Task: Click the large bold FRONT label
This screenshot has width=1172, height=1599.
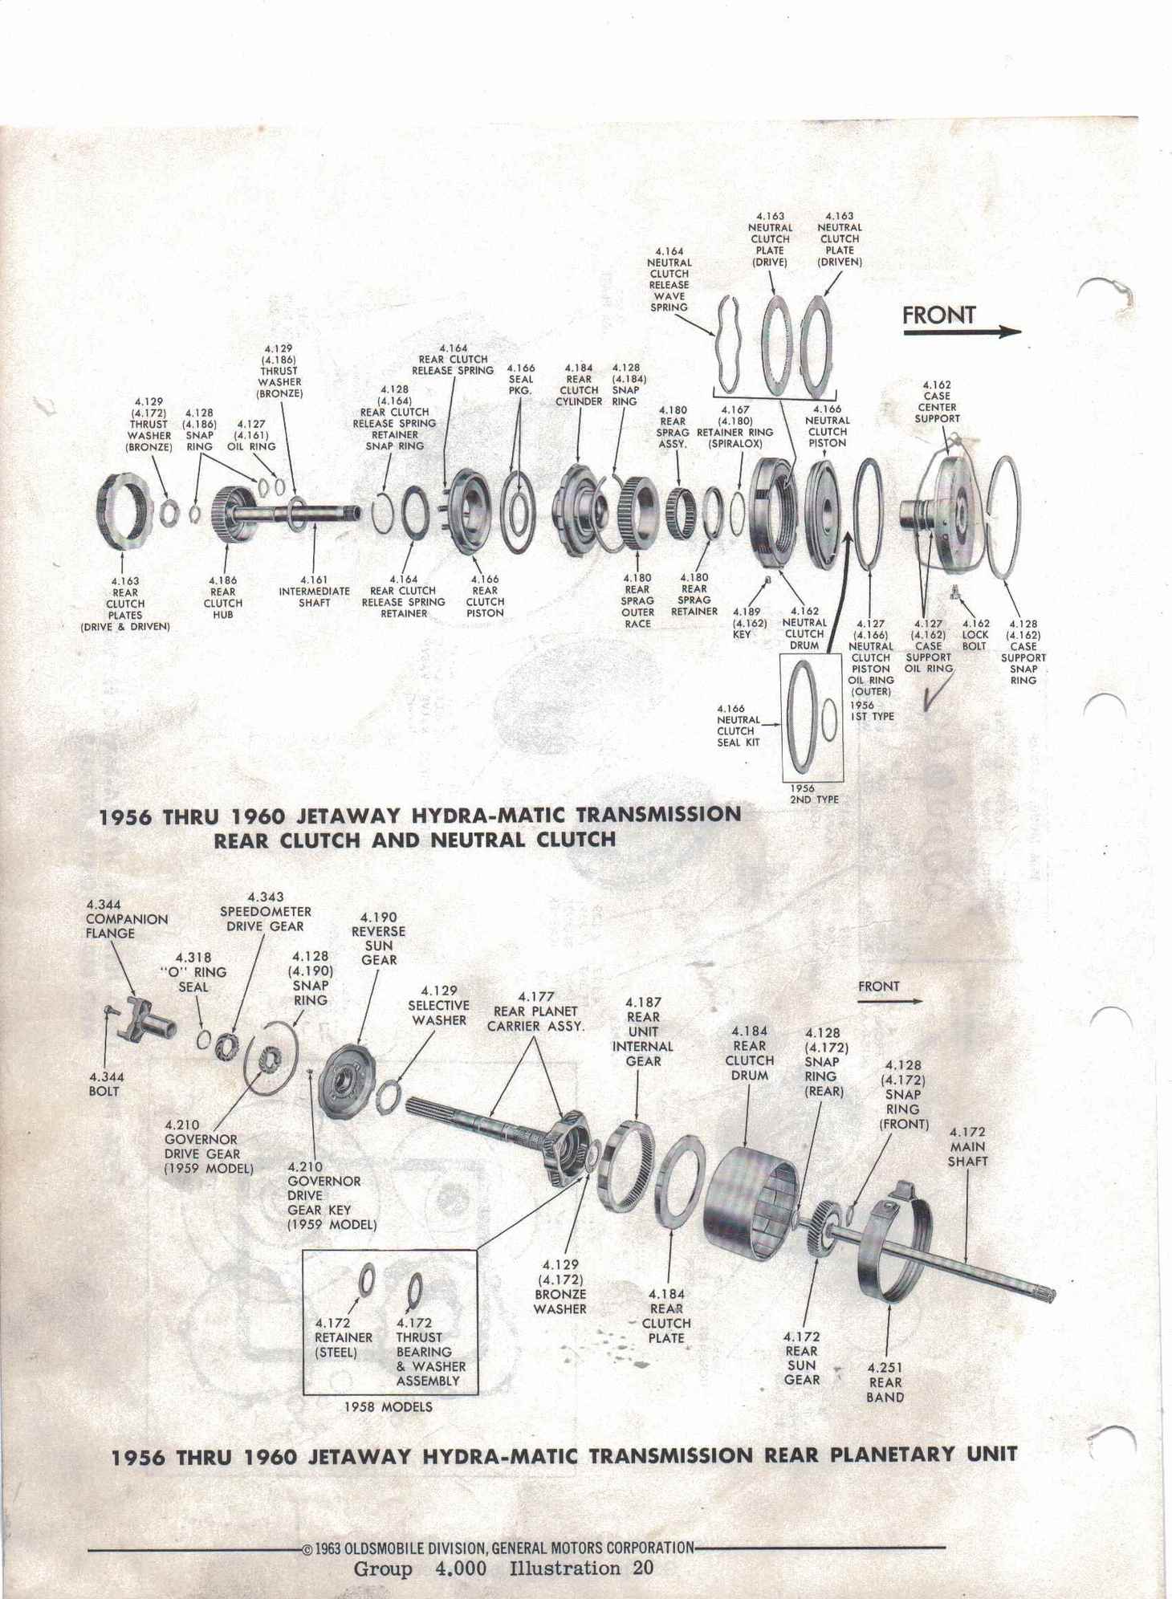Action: coord(938,315)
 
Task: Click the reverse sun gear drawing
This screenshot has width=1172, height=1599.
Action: coord(350,1081)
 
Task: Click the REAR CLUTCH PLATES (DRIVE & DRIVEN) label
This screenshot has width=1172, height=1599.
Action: coord(125,604)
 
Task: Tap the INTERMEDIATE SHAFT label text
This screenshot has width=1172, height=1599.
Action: coord(314,596)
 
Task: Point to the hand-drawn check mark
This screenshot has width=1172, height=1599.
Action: coord(936,692)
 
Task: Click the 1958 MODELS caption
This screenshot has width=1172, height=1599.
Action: coord(388,1406)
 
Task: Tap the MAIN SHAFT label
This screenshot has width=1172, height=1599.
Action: coord(967,1146)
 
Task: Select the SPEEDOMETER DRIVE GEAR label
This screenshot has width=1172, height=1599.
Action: coord(265,911)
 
